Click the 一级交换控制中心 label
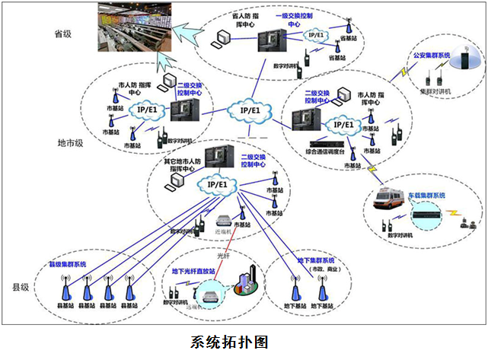coord(293,18)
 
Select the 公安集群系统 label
coord(431,55)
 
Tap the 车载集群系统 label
coord(426,195)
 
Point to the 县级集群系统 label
coord(68,263)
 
